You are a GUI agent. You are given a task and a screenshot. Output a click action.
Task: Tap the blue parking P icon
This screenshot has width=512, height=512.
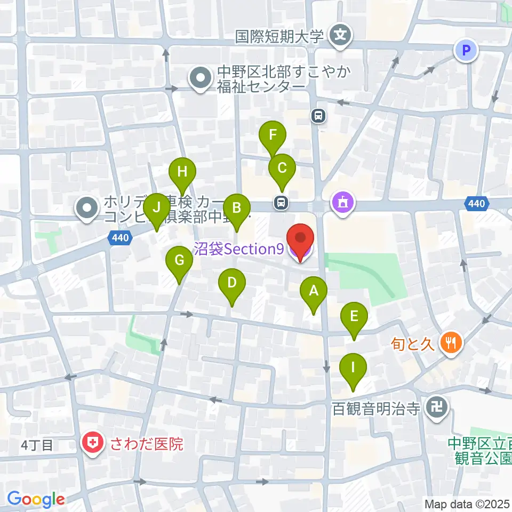(467, 51)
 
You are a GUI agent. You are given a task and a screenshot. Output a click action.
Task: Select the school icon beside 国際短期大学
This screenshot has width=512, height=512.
(340, 37)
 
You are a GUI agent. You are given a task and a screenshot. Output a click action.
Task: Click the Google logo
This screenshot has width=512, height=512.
(36, 499)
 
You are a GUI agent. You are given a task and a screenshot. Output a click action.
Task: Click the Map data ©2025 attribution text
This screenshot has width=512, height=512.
(466, 503)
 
